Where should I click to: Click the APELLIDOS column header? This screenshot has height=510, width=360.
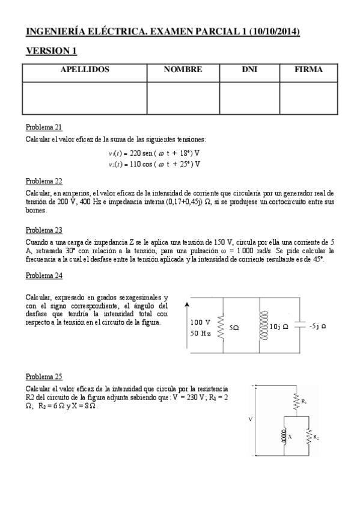[85, 70]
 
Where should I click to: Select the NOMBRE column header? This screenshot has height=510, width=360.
[183, 70]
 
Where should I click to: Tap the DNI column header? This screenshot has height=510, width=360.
[249, 70]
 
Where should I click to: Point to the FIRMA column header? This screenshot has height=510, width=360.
[308, 70]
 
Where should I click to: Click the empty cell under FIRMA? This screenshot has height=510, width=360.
[308, 97]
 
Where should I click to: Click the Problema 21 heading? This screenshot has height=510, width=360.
[44, 127]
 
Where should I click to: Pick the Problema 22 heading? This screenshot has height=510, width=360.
[44, 180]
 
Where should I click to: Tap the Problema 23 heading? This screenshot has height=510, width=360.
[44, 230]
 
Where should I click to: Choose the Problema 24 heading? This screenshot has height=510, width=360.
[44, 275]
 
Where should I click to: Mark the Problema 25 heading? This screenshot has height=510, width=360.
[44, 377]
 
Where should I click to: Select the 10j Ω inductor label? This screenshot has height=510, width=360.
[279, 327]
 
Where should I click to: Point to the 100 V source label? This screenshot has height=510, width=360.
[200, 322]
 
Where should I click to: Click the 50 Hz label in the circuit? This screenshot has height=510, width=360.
[200, 333]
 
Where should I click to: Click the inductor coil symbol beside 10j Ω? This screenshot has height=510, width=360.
[262, 327]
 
